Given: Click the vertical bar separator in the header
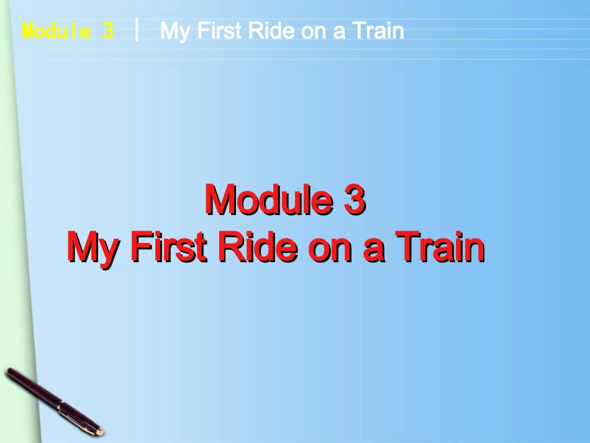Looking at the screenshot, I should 137,30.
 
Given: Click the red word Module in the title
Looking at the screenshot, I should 268,201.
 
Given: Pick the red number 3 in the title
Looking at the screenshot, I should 353,201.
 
